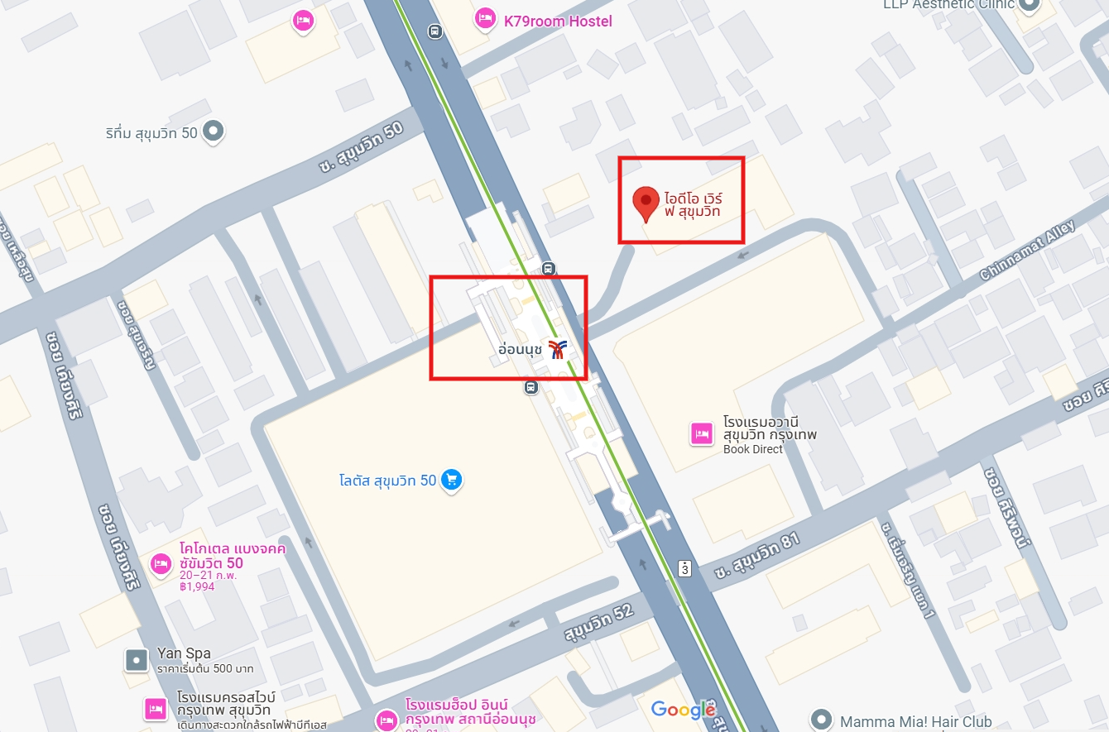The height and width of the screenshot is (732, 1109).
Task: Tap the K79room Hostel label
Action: (x=558, y=21)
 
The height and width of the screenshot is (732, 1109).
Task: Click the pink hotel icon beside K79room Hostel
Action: (x=484, y=18)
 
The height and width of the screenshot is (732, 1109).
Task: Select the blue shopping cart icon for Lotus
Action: (x=451, y=480)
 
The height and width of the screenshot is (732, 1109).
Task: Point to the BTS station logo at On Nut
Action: (x=559, y=350)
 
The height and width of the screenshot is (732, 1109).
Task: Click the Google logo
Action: (x=683, y=710)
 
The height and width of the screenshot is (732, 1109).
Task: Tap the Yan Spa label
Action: (x=184, y=653)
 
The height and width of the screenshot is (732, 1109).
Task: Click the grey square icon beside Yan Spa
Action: (x=136, y=659)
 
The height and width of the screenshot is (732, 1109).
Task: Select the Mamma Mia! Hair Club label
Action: (x=915, y=721)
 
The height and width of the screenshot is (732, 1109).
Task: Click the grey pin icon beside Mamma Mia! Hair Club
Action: (x=820, y=719)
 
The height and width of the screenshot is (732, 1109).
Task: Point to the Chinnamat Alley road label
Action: (x=1027, y=250)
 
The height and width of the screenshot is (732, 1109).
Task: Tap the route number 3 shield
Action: (x=684, y=568)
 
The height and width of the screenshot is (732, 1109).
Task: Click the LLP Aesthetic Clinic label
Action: (x=948, y=4)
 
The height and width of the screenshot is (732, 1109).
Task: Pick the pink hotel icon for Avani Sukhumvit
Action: (x=702, y=433)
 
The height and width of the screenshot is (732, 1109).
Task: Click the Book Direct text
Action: (x=752, y=449)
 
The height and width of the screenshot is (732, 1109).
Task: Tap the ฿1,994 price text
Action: (x=197, y=586)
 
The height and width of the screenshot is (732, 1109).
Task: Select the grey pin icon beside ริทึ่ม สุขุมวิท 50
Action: (x=214, y=131)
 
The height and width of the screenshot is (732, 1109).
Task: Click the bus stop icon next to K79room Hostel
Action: (x=434, y=31)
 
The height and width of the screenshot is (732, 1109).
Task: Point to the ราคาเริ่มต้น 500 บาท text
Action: (x=205, y=668)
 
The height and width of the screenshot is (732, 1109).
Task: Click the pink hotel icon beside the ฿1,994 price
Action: (x=161, y=564)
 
